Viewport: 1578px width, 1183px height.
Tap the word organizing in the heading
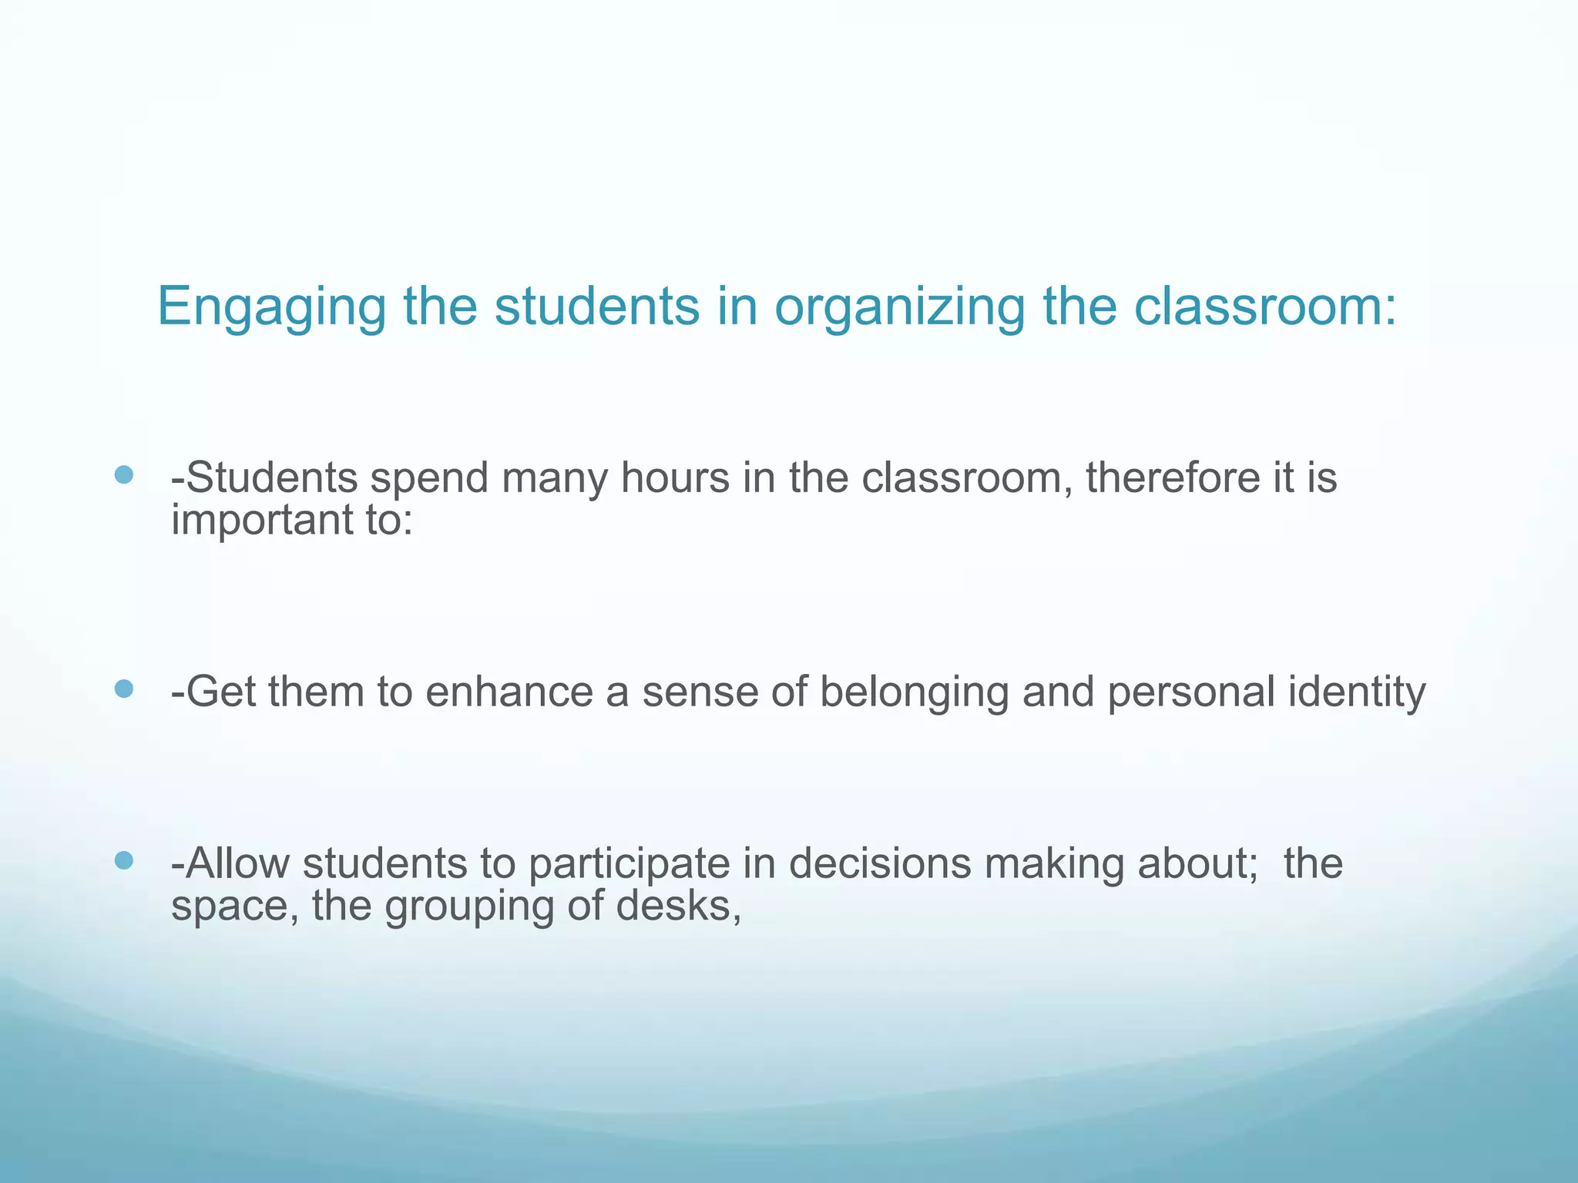(899, 307)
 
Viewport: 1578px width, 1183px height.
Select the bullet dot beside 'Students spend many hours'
(123, 474)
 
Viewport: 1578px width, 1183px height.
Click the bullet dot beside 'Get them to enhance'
(123, 688)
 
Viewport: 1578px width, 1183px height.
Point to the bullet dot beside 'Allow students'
(123, 860)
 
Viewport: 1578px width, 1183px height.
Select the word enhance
(509, 691)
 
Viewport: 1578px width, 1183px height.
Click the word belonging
(914, 692)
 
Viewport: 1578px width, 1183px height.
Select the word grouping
(469, 907)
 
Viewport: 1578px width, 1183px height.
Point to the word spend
(430, 479)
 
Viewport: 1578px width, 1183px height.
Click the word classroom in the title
(1264, 307)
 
